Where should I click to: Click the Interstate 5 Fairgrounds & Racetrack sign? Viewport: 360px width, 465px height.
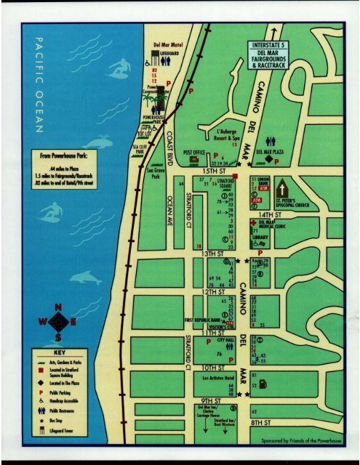[270, 55]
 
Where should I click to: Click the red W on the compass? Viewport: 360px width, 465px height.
[43, 323]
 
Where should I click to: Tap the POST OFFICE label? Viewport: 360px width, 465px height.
[196, 153]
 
